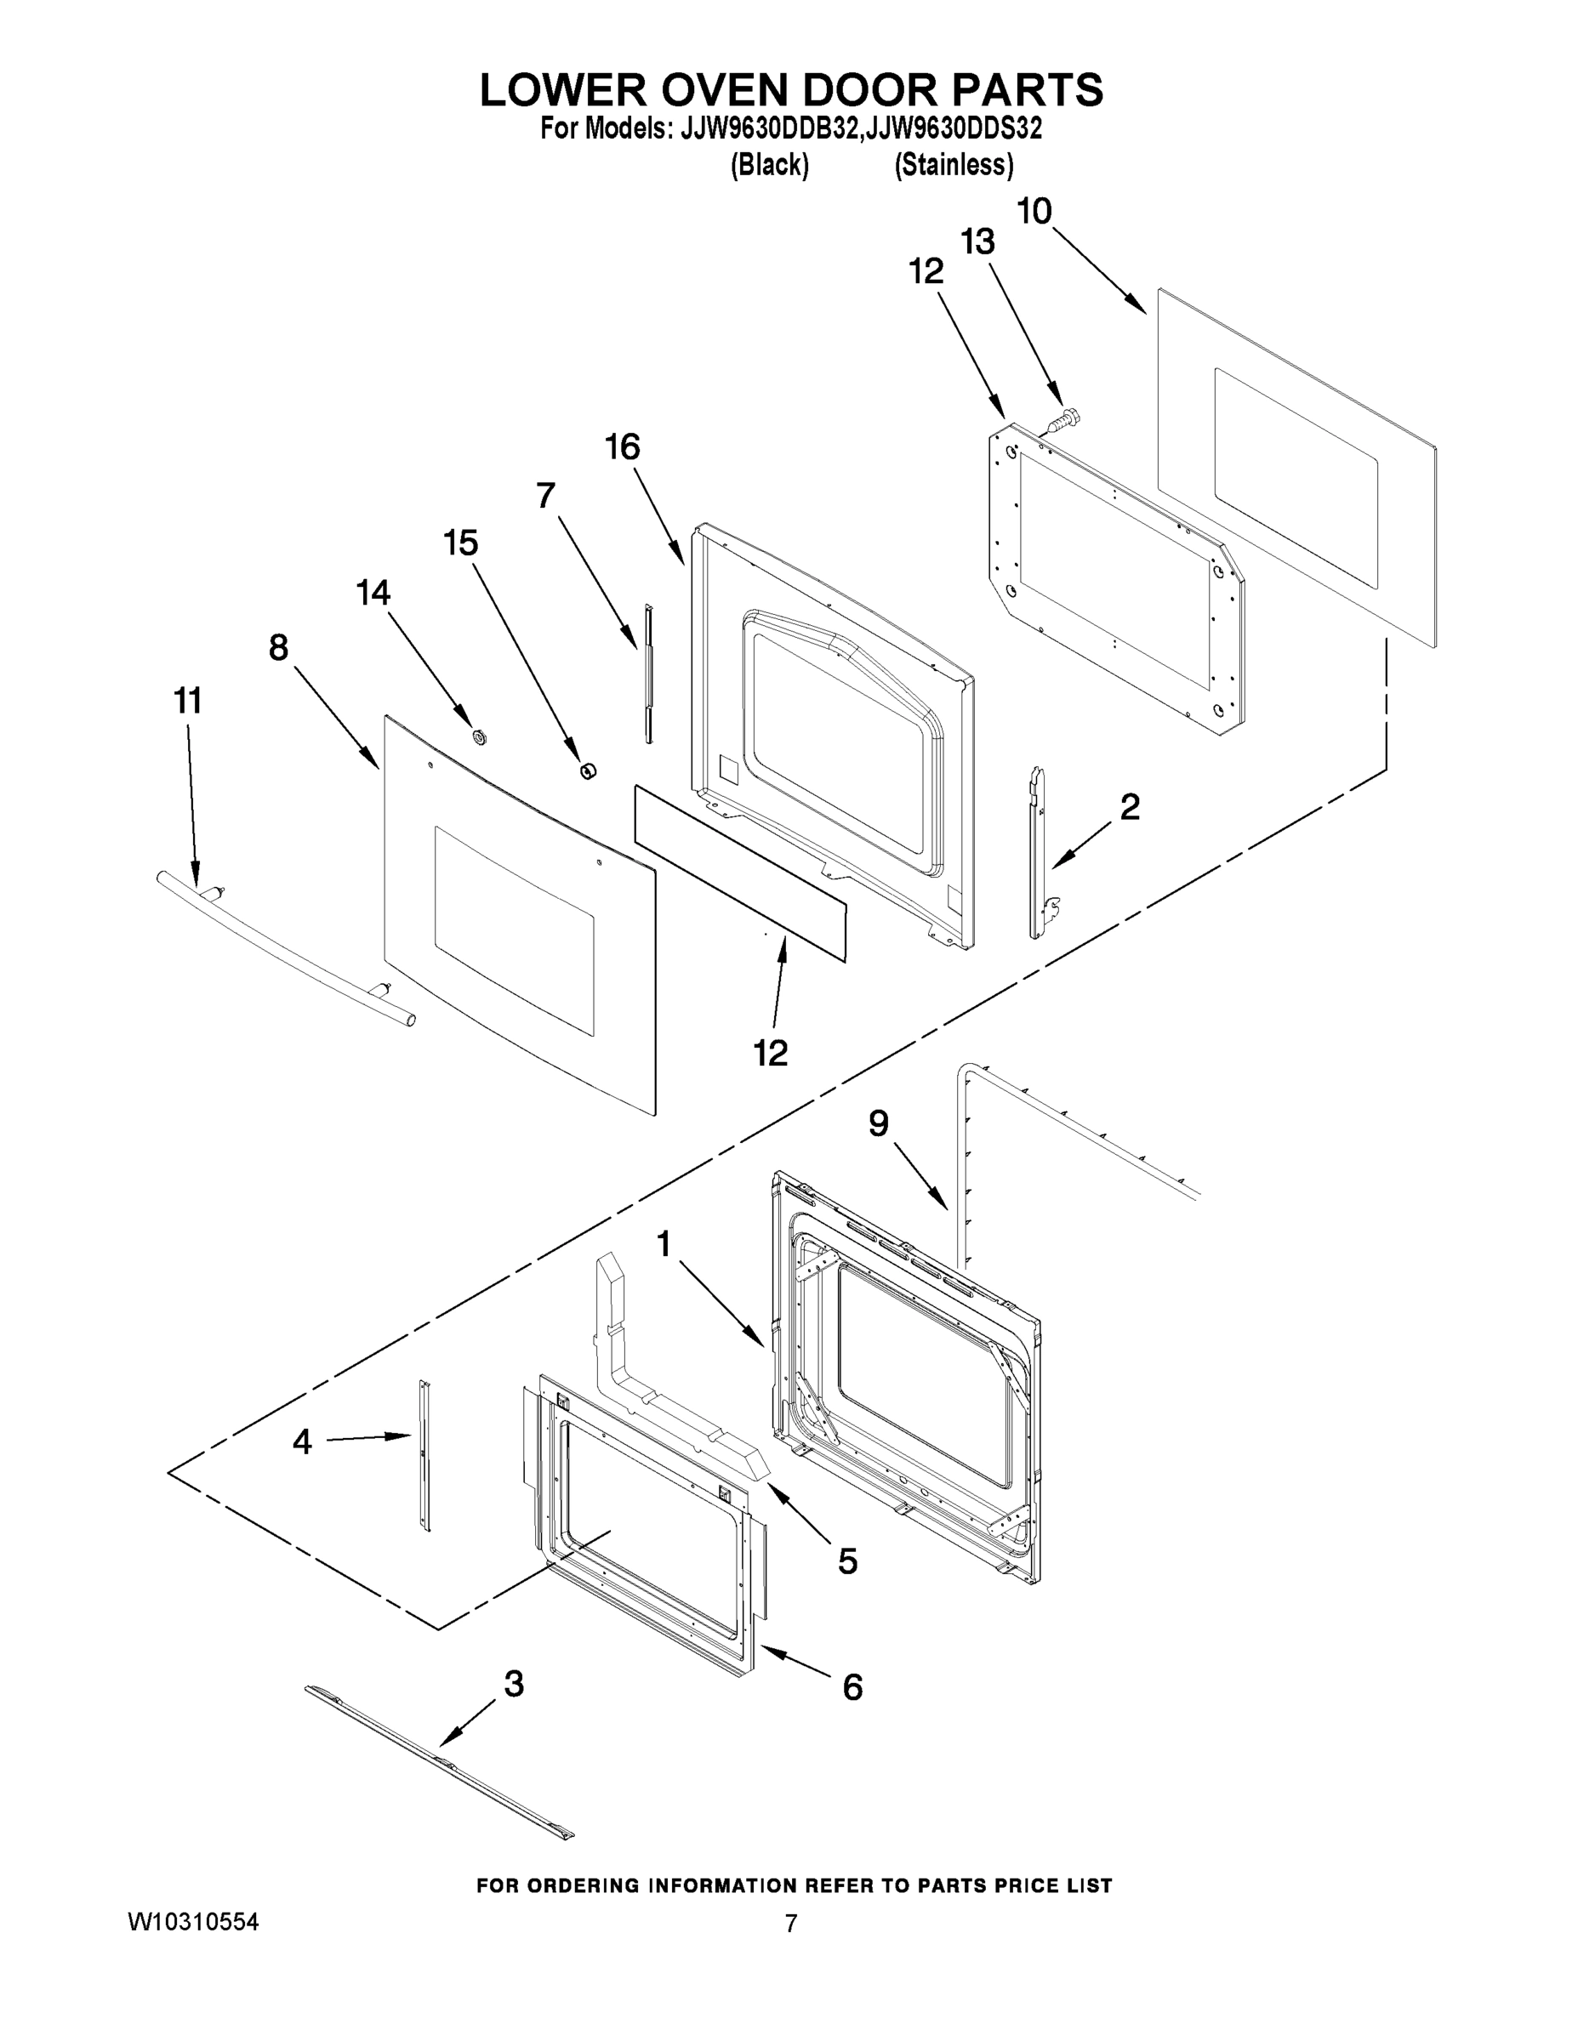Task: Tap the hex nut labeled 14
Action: click(x=480, y=736)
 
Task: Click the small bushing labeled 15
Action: click(x=588, y=770)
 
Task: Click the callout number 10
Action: click(x=1034, y=211)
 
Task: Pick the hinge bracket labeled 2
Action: click(x=1039, y=852)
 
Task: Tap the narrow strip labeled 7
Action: click(x=647, y=673)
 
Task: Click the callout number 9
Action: click(x=878, y=1123)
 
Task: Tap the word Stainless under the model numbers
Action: click(x=953, y=166)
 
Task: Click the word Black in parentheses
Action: click(x=768, y=166)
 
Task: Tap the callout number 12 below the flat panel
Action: click(x=771, y=1052)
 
